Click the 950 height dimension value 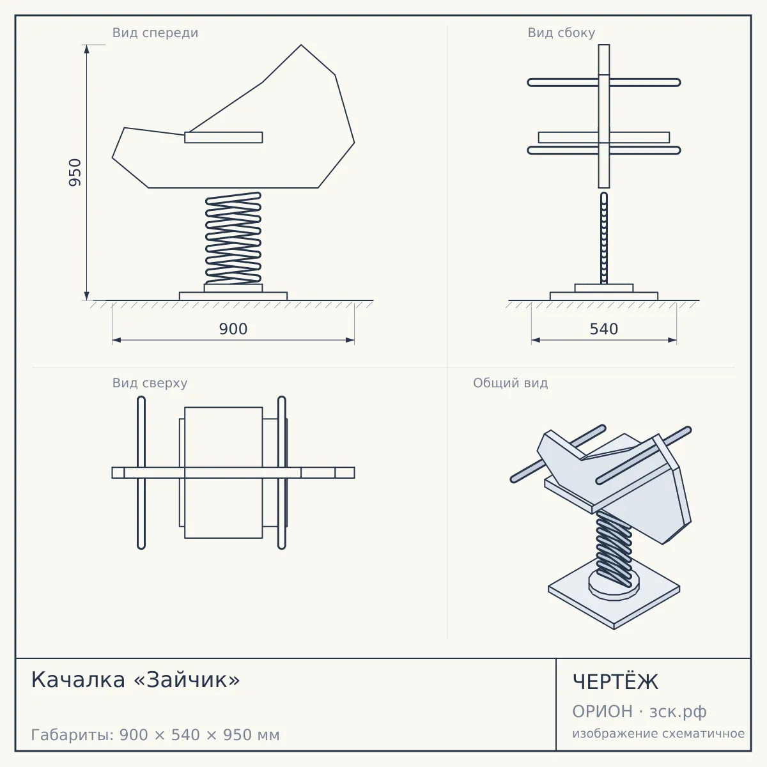pos(75,173)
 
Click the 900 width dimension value pos(233,329)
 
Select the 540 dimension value pos(604,329)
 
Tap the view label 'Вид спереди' pos(155,33)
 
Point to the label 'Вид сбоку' pos(561,33)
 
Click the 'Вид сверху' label pos(150,383)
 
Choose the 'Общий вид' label pos(510,383)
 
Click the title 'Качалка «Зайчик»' pos(136,680)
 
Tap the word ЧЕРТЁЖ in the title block pos(616,681)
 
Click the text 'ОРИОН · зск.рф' pos(639,711)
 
